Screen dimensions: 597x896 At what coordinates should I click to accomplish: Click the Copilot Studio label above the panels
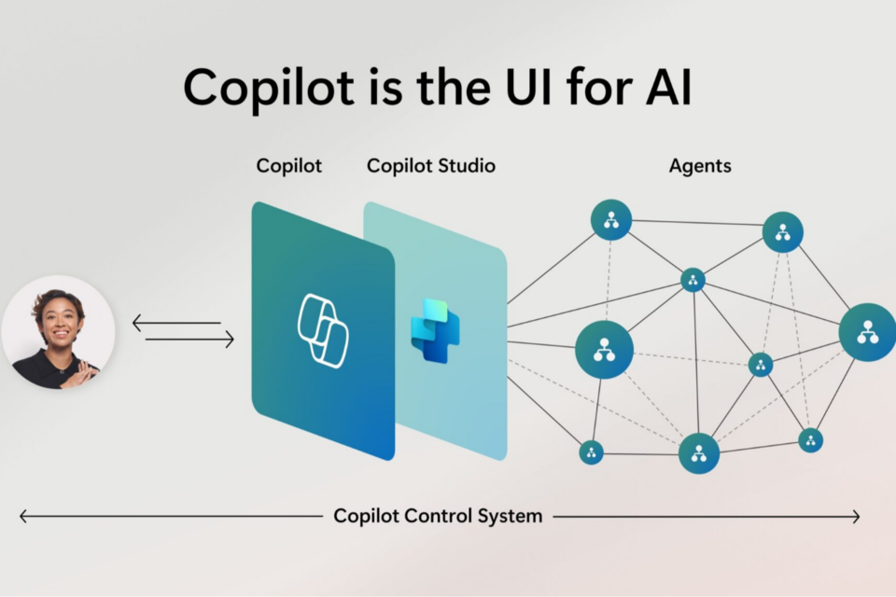pos(431,166)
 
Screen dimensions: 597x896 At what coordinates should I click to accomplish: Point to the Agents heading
pos(700,166)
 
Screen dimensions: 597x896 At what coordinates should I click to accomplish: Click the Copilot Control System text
pos(438,516)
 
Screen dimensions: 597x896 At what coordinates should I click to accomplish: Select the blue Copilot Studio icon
pos(435,330)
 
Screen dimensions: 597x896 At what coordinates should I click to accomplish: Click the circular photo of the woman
pos(58,332)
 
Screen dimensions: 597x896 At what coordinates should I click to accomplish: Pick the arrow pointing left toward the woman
pos(176,324)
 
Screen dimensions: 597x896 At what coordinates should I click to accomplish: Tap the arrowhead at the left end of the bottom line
pos(23,516)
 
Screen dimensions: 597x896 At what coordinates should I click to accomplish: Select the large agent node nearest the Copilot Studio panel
pos(605,349)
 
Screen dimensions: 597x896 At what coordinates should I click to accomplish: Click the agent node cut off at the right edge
pos(868,332)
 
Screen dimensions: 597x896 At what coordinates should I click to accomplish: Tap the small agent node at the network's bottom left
pos(591,452)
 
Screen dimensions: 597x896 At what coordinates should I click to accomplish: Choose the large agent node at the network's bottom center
pos(699,453)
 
